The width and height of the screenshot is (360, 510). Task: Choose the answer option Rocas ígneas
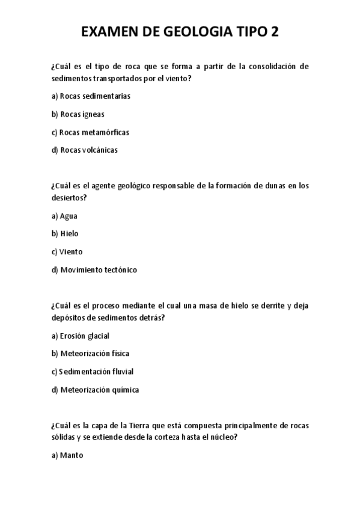pyautogui.click(x=78, y=114)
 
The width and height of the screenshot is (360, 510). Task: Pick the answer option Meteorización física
pyautogui.click(x=90, y=354)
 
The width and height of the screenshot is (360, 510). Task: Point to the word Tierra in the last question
pyautogui.click(x=135, y=426)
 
